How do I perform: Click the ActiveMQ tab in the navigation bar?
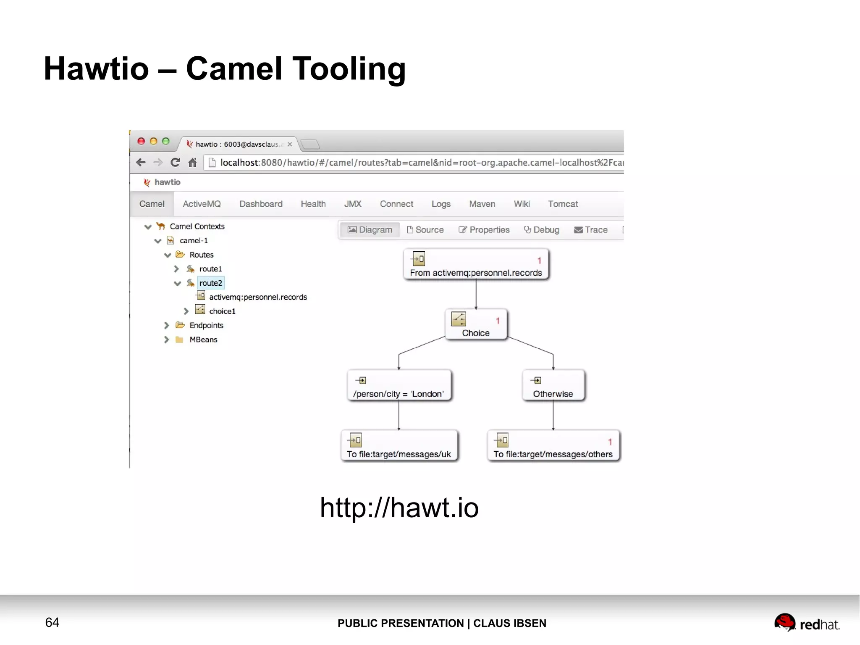click(x=202, y=204)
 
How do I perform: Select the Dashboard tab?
click(x=261, y=204)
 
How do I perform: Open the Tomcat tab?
click(x=563, y=204)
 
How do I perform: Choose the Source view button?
click(x=425, y=230)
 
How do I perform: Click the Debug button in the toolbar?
click(x=542, y=230)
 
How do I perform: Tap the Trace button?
click(x=591, y=230)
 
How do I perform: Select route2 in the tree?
click(x=210, y=283)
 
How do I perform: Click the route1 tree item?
click(x=210, y=269)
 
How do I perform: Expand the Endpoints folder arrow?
click(x=166, y=326)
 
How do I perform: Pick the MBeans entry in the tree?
click(x=203, y=340)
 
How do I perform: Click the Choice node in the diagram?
click(x=476, y=325)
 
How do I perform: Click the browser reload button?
click(x=175, y=163)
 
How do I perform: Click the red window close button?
click(x=142, y=142)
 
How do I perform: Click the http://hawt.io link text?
click(x=399, y=508)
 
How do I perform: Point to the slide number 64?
click(x=52, y=622)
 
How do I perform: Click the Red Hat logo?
click(x=806, y=623)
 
